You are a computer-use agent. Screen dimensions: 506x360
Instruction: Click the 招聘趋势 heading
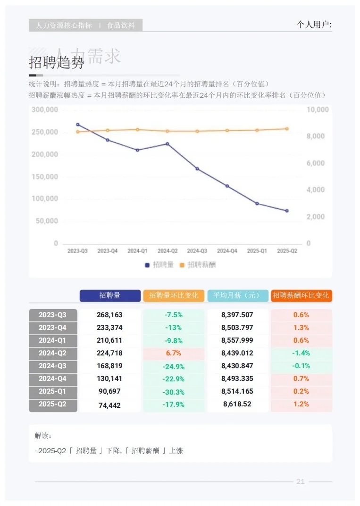56,63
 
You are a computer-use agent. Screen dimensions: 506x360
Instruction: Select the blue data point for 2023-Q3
78,125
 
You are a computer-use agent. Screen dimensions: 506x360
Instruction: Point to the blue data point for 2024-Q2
167,143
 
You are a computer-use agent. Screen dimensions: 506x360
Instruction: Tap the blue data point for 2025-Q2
287,211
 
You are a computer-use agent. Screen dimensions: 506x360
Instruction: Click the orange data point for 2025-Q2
287,128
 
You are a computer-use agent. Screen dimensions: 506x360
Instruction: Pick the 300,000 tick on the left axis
45,110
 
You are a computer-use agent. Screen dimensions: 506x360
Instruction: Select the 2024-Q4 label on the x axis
227,251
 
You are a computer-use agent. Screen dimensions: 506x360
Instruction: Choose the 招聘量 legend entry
159,265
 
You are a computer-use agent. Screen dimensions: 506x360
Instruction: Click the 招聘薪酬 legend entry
198,265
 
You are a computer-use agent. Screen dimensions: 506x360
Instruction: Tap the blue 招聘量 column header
110,295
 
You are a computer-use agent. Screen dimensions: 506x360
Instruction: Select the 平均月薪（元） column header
237,295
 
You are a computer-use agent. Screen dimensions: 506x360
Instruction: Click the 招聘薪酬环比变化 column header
301,295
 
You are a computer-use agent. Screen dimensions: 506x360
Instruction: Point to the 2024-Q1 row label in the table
52,340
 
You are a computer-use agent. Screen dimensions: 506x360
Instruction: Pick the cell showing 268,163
109,315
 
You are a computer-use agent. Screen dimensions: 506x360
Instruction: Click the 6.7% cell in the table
173,353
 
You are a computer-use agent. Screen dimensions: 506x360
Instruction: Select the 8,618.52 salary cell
237,404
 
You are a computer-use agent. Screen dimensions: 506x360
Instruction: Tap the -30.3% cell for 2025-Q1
173,392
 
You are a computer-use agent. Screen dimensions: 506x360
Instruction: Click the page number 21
301,481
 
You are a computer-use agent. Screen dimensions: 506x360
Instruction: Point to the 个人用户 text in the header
314,25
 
